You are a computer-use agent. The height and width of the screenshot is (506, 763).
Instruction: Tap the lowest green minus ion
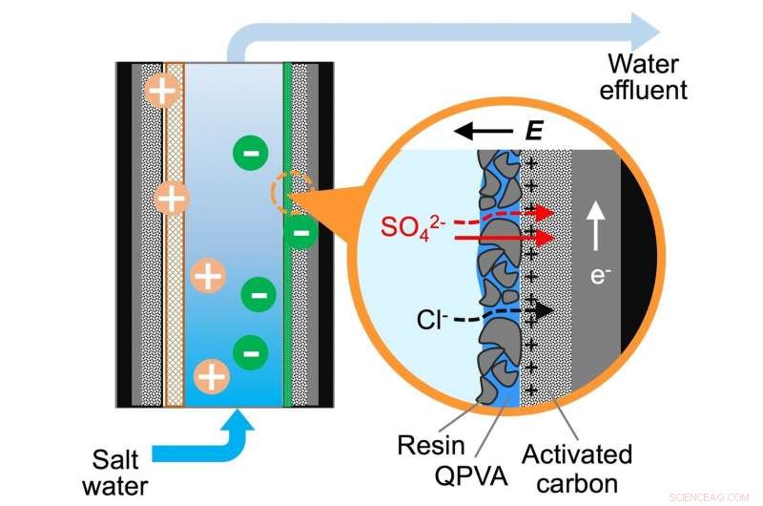pyautogui.click(x=250, y=351)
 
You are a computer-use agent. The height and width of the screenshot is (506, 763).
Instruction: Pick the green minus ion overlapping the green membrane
pyautogui.click(x=300, y=231)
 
